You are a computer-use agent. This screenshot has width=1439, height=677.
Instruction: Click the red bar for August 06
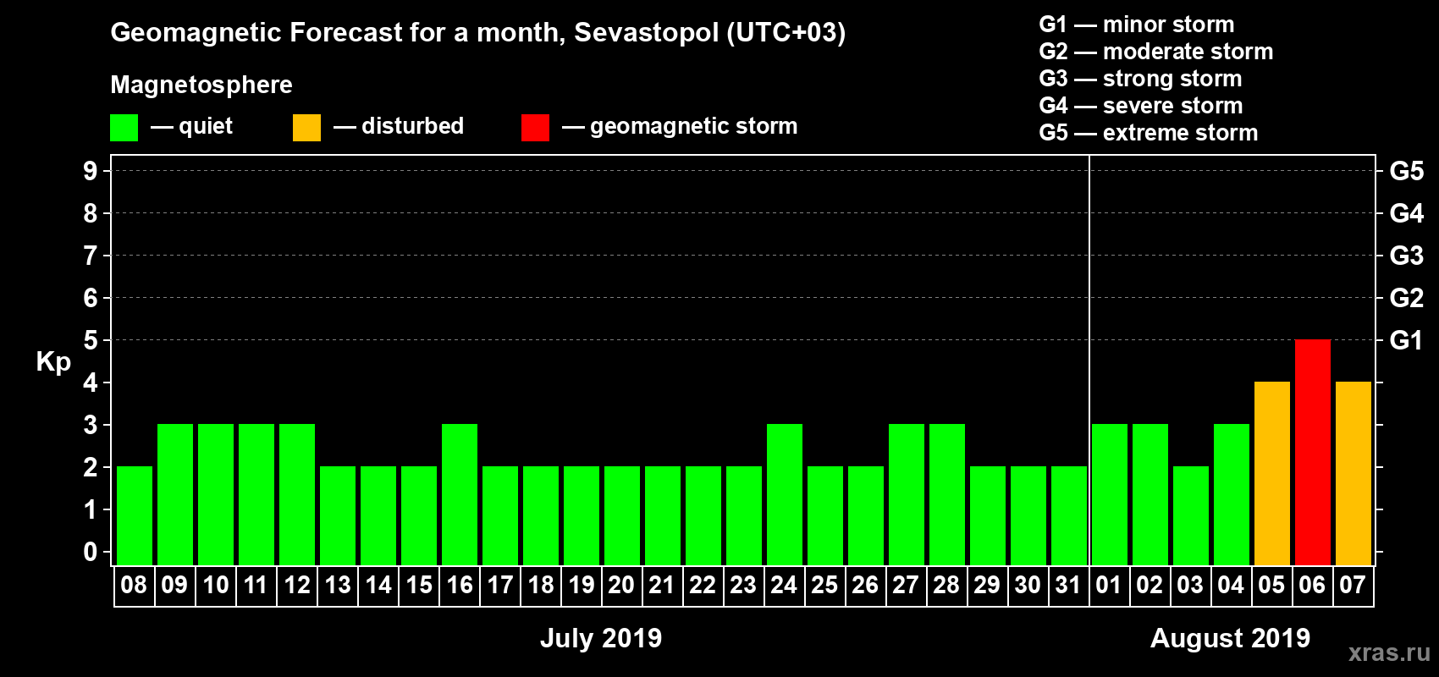tap(1312, 452)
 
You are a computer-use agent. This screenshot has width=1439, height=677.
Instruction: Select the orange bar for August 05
tap(1271, 473)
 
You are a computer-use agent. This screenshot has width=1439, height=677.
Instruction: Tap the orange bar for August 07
tap(1353, 473)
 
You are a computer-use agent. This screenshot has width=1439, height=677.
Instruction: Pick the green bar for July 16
tap(460, 494)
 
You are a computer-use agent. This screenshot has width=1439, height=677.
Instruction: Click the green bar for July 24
tap(785, 494)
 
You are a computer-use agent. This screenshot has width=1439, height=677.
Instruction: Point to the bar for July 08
tap(135, 515)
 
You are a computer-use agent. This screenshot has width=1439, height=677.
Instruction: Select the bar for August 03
tap(1190, 515)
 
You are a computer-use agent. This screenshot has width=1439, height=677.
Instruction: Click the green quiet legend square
tap(124, 128)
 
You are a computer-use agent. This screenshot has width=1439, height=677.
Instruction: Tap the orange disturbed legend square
tap(306, 128)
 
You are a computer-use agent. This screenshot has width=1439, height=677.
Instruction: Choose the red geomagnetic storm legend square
tap(535, 128)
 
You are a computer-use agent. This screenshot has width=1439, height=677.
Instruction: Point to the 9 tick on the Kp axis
tap(91, 171)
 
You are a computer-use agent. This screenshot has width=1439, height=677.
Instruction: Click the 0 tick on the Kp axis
tap(91, 553)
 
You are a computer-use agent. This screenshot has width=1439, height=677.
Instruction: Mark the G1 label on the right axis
tap(1406, 340)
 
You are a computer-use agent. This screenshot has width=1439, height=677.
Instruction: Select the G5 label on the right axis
tap(1406, 171)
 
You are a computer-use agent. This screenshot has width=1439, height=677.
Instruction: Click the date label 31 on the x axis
tap(1068, 585)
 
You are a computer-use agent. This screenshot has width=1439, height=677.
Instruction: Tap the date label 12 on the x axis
tap(297, 585)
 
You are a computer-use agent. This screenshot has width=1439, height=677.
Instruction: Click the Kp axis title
tap(53, 361)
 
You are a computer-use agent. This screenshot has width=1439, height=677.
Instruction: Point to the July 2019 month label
tap(601, 638)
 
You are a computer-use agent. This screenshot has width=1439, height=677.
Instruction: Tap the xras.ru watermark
tap(1389, 652)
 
